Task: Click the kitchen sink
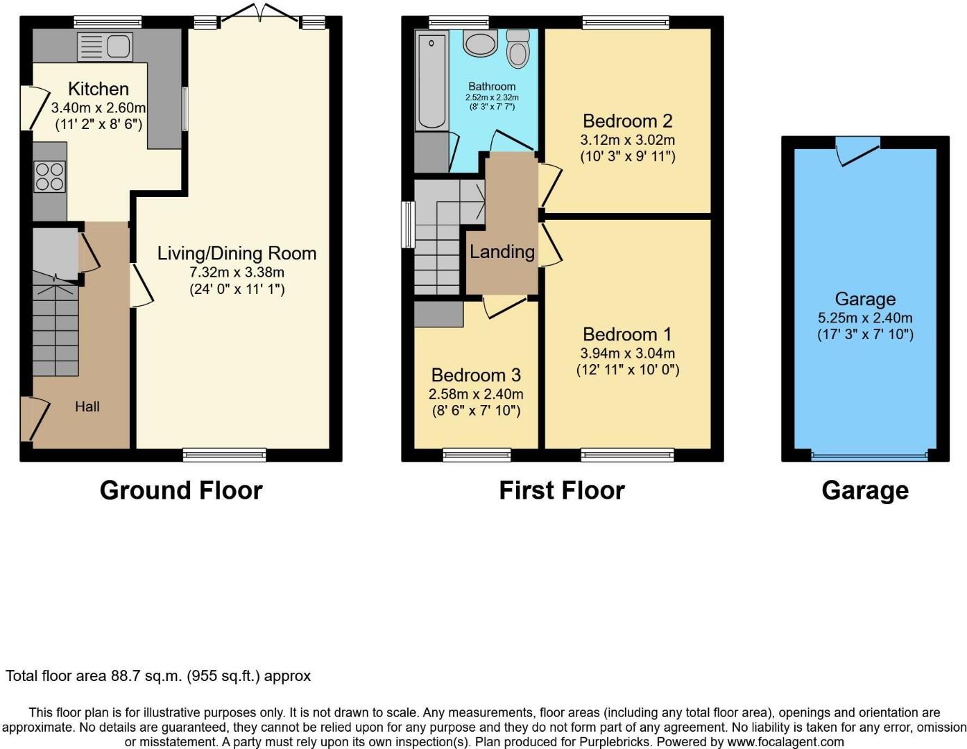(x=105, y=47)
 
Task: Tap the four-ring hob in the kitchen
(x=50, y=175)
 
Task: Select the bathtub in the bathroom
(x=431, y=80)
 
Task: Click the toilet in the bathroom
(x=517, y=49)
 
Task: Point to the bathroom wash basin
(x=480, y=43)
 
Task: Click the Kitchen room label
(x=99, y=89)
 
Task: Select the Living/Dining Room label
(x=237, y=253)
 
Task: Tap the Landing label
(x=502, y=251)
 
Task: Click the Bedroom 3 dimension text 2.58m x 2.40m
(x=476, y=394)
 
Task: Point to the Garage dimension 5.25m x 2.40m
(x=865, y=318)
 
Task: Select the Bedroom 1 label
(x=627, y=334)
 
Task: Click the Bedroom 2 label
(x=627, y=121)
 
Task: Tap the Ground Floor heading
(x=181, y=490)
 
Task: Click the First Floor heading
(x=562, y=490)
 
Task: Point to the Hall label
(x=87, y=406)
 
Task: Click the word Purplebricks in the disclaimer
(x=614, y=741)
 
